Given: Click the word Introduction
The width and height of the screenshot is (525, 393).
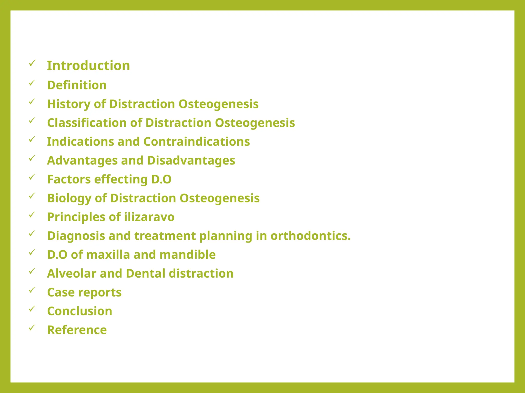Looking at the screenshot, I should coord(88,66).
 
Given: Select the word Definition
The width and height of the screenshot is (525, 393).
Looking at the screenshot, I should coord(77,85).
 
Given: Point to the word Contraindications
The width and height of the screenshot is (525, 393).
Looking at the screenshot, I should coord(197,142).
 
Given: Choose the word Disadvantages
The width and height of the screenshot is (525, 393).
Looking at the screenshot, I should coord(191,161).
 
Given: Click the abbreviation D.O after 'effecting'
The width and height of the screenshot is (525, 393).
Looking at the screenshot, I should coord(161,179).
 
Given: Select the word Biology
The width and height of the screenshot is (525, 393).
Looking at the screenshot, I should coord(69,198).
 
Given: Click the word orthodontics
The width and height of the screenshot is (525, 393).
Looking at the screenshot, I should coord(310,236).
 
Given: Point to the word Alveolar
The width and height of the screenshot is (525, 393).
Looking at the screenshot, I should coord(72,274).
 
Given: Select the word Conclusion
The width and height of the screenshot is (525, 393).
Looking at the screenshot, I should coord(80,311).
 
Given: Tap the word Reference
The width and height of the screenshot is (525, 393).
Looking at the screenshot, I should coord(77,330).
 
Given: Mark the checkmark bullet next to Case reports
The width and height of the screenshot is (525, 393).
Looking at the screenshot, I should coord(32,290).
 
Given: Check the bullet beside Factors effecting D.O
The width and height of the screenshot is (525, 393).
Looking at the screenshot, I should coord(32,177).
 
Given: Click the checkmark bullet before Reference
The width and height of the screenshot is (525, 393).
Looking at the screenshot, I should coord(32,327).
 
